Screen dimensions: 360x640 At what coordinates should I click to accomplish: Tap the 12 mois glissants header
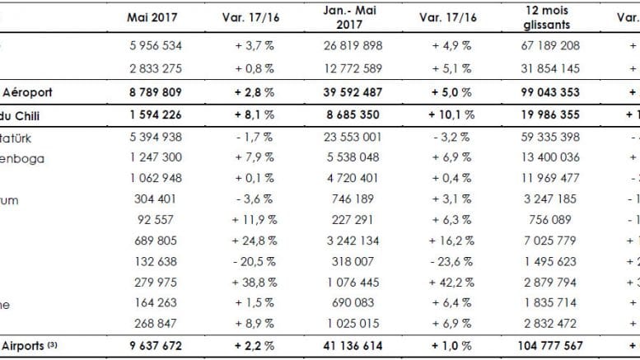[x=551, y=17]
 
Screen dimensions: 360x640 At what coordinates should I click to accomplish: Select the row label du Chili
[x=25, y=115]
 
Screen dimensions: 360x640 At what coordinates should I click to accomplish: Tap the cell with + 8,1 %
[x=253, y=115]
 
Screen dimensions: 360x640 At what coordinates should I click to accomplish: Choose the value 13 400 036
[x=551, y=157]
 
